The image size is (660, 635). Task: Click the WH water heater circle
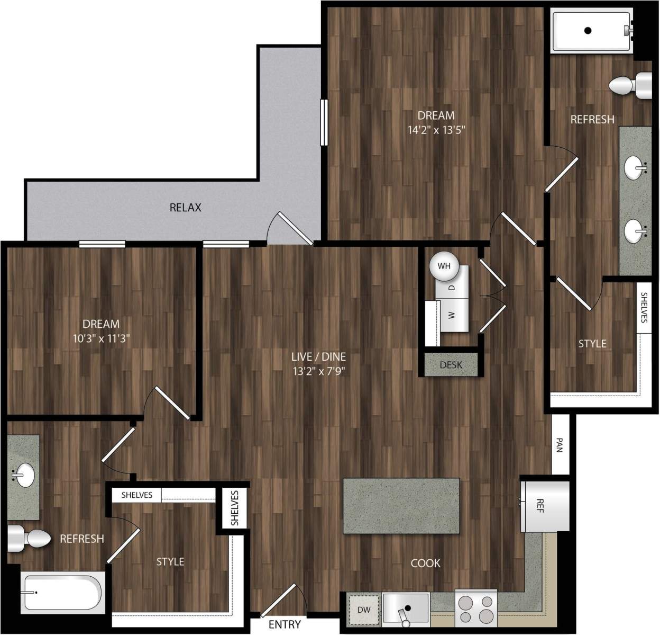pos(444,266)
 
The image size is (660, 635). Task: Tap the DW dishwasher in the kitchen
pos(364,610)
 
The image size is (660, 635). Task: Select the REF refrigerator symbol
pos(544,504)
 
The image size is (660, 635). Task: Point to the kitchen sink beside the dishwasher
pos(406,609)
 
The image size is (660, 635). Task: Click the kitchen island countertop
pos(401,506)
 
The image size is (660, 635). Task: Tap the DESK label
pos(451,365)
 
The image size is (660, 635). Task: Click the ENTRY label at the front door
pos(285,624)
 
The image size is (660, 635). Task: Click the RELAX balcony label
pos(185,208)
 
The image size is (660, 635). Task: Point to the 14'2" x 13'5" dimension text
pos(436,129)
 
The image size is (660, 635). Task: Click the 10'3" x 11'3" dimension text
pos(100,337)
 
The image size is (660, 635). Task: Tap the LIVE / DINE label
pos(319,356)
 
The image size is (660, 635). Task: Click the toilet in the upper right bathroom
pos(630,85)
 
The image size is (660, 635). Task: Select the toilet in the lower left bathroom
pos(30,539)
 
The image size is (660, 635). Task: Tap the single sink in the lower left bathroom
pos(23,475)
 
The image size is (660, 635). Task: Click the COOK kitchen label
pos(425,563)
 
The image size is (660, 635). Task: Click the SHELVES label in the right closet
pos(644,308)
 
